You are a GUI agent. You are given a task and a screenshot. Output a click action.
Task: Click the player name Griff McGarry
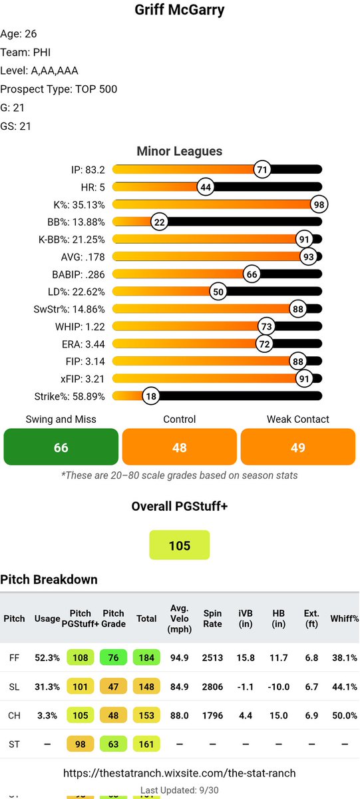pos(180,11)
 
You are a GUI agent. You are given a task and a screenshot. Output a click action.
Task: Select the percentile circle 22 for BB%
pos(159,222)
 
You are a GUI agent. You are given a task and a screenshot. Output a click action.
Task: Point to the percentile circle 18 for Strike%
pos(152,396)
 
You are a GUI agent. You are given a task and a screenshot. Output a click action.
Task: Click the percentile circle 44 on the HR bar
pos(206,187)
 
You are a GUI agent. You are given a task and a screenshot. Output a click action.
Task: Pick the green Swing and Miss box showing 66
pos(61,447)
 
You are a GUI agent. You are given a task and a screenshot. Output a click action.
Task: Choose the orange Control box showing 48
pos(180,447)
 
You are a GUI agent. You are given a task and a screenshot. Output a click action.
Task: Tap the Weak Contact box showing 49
pos(298,447)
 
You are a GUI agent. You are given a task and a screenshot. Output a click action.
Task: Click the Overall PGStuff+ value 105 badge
pos(180,545)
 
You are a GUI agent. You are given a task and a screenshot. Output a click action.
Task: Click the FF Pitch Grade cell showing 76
pos(113,658)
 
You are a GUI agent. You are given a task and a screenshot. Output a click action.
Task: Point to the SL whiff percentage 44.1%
pos(344,686)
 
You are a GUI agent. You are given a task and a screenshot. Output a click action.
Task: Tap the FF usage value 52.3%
pos(47,658)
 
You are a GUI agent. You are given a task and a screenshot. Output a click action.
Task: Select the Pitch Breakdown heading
pos(49,579)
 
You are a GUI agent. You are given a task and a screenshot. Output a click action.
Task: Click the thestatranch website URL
pos(180,773)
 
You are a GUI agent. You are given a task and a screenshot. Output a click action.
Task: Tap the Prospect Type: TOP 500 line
pos(59,89)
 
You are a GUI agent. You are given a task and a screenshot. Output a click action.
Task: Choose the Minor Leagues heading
pos(180,152)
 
